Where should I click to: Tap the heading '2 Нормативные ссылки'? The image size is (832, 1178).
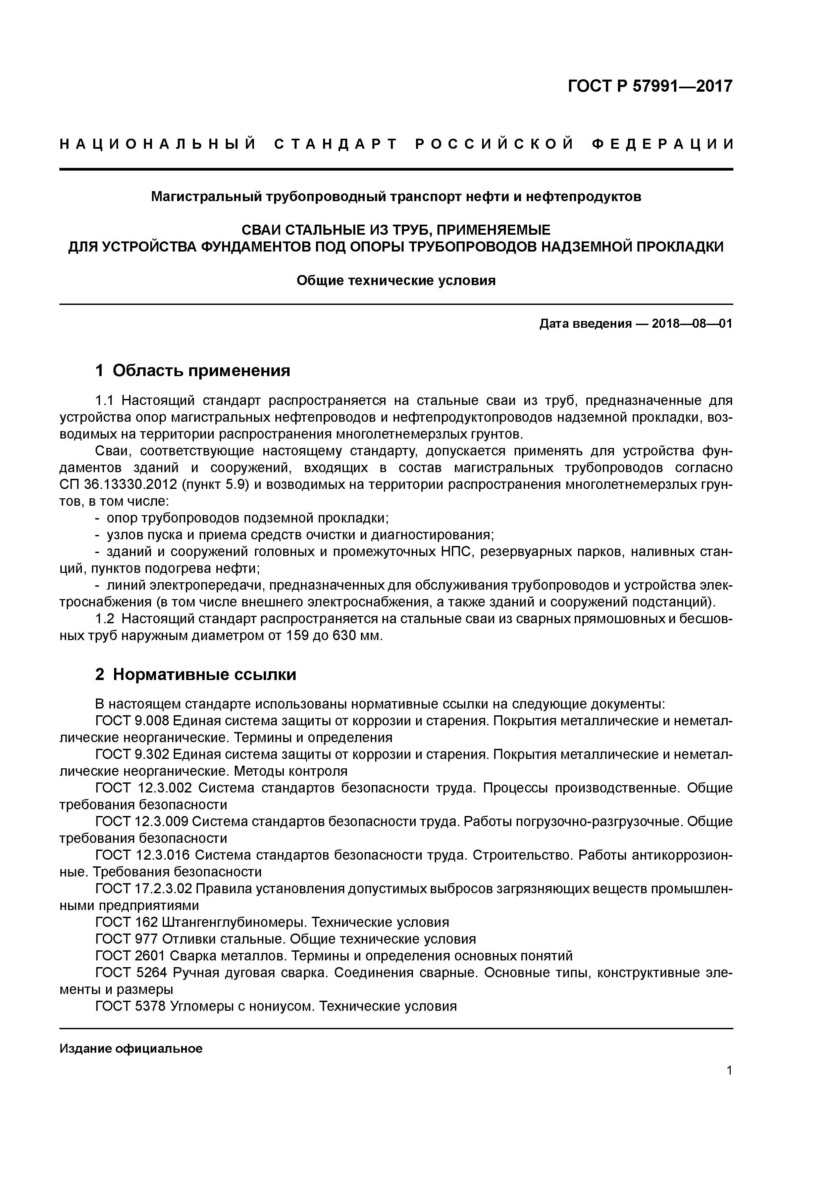point(196,674)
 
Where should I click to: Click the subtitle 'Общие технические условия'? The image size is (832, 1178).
point(396,281)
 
